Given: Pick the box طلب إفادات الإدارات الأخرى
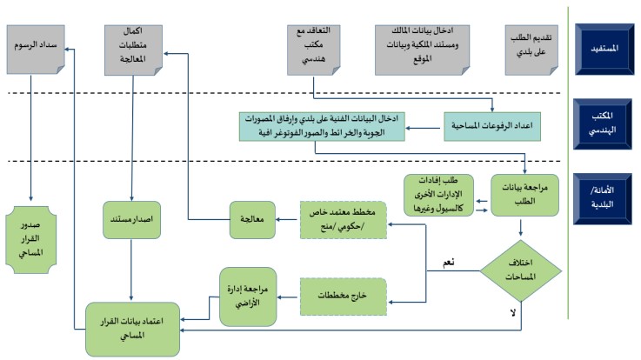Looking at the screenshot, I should pos(440,197).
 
